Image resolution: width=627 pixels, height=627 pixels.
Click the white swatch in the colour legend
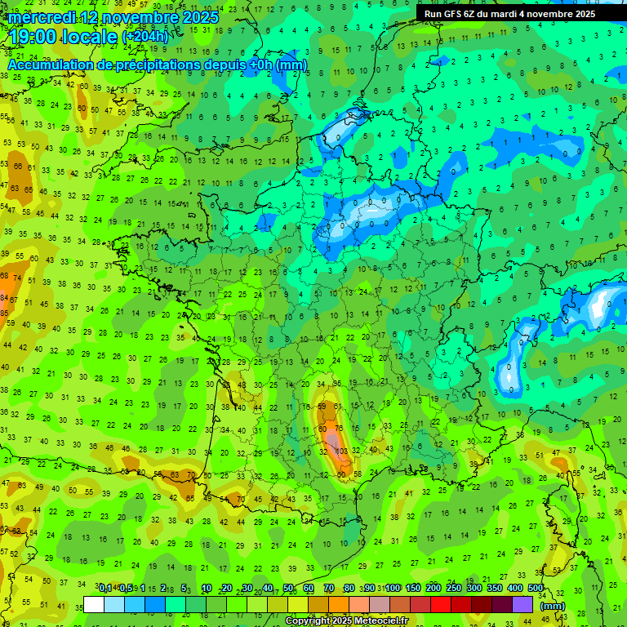coord(94,604)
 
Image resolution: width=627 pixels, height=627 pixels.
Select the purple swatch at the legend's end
coord(522,604)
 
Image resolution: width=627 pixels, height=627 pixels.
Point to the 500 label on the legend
coord(536,588)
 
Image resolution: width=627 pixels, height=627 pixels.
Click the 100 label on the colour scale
coord(393,588)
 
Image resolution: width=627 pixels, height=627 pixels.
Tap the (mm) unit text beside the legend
coord(553,606)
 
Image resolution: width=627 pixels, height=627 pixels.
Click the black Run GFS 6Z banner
coord(510,14)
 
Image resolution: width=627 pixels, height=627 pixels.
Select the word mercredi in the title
coord(42,17)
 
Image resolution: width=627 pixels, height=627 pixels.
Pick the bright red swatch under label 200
coord(441,604)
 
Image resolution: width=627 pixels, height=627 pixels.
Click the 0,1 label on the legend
coord(104,588)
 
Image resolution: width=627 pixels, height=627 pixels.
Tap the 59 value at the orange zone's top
coord(322,406)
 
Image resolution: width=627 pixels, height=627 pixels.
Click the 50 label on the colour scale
coord(288,588)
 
